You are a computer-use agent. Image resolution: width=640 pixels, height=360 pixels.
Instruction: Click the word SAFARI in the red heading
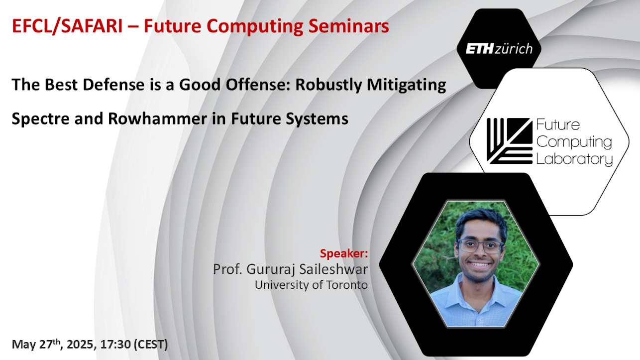[x=92, y=26]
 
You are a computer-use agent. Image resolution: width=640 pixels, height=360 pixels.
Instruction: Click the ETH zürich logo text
[x=499, y=49]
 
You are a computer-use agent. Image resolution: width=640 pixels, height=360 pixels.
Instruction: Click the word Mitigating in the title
[x=406, y=86]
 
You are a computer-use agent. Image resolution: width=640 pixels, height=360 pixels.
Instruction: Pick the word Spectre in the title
[x=40, y=119]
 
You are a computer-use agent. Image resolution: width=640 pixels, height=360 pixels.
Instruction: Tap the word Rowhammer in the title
[x=157, y=119]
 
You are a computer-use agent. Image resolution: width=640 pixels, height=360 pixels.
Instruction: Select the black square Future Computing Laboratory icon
[x=510, y=141]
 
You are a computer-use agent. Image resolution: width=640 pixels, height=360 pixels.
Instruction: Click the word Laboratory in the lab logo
[x=574, y=159]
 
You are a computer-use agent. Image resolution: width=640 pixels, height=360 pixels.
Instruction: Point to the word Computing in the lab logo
[x=574, y=142]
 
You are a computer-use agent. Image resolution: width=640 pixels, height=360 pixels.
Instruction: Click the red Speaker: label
[x=344, y=253]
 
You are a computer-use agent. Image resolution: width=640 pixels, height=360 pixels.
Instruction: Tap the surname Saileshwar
[x=333, y=269]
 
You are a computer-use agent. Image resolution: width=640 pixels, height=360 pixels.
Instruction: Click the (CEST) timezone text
[x=151, y=345]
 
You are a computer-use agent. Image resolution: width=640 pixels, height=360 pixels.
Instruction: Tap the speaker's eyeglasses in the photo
[x=481, y=246]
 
